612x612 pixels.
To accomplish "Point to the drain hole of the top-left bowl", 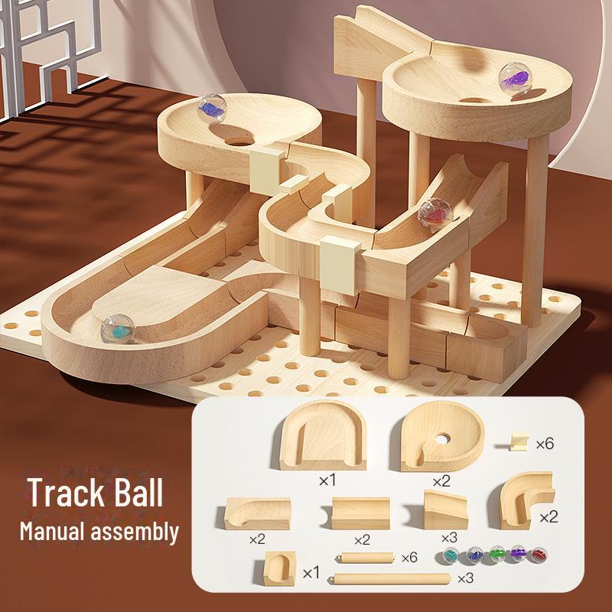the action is click(242, 142).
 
